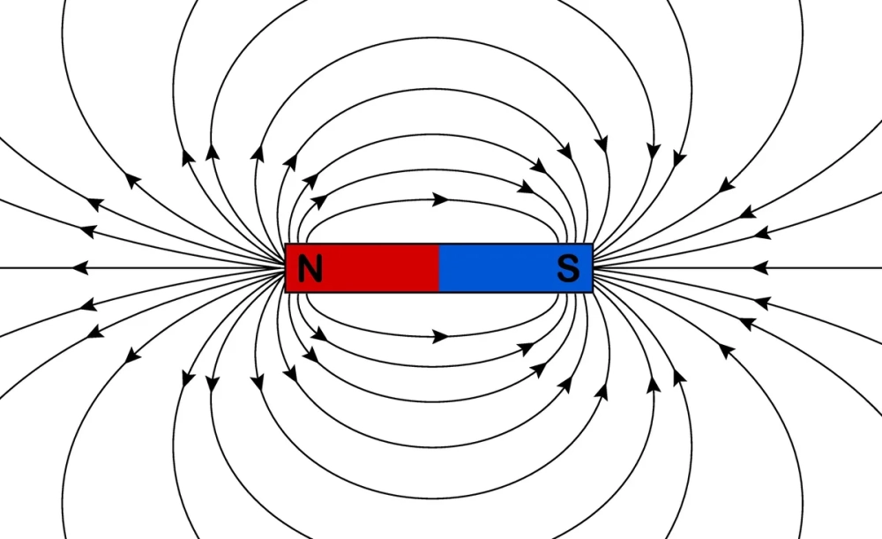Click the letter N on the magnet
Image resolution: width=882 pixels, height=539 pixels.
pos(310,268)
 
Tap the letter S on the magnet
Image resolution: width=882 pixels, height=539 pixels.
pos(569,268)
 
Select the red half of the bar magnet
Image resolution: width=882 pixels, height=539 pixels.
pos(370,268)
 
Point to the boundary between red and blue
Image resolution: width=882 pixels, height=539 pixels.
pos(439,268)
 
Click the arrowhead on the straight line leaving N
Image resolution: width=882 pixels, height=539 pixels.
pos(80,267)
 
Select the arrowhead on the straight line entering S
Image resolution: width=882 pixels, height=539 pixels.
pos(759,267)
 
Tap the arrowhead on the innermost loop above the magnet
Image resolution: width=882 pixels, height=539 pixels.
pos(440,199)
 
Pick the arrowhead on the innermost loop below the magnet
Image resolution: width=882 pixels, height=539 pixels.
pos(440,336)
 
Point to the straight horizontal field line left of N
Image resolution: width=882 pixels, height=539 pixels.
pos(176,267)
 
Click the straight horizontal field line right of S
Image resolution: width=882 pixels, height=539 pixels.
pos(688,267)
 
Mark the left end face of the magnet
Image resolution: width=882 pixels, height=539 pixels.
pos(287,268)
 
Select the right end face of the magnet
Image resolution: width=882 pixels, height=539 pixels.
pos(592,268)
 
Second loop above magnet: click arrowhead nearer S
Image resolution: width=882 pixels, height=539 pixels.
pos(526,186)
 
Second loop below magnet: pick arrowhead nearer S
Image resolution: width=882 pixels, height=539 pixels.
pos(526,348)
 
